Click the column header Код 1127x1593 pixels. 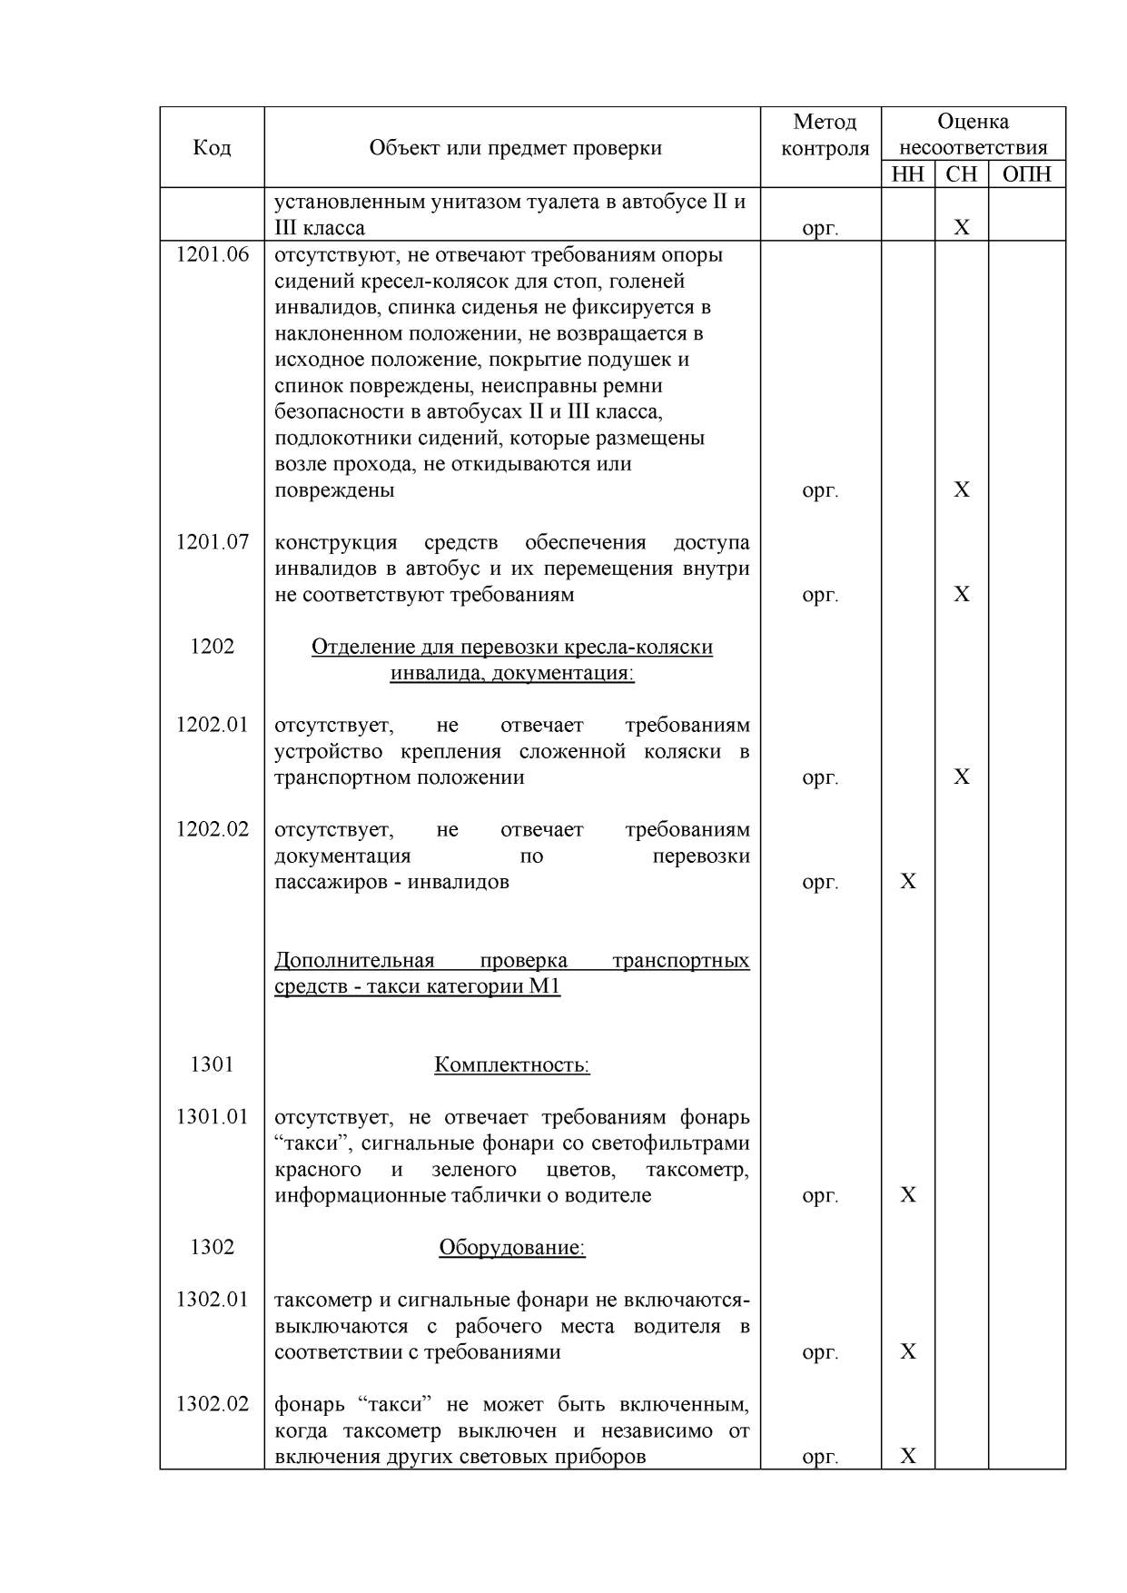(x=212, y=147)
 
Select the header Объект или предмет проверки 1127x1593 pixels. (x=515, y=147)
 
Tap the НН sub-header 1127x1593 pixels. (x=907, y=174)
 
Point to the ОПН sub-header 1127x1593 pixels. (x=1026, y=174)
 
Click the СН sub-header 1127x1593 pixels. (x=962, y=174)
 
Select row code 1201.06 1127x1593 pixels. (x=212, y=254)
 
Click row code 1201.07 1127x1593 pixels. (x=212, y=542)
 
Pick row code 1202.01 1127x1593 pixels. (x=212, y=725)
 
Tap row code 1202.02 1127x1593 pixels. (x=212, y=829)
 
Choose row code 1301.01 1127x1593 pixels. (x=212, y=1116)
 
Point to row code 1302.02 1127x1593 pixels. (x=212, y=1404)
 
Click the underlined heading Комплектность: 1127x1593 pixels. (x=512, y=1064)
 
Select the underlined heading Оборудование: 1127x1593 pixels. (x=512, y=1248)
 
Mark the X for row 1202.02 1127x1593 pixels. (x=907, y=881)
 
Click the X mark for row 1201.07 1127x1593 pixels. (x=962, y=594)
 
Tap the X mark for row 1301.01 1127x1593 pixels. (x=907, y=1194)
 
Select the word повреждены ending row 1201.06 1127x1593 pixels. (x=334, y=490)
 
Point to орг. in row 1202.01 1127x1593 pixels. (x=820, y=777)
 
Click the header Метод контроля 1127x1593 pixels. (x=825, y=134)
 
